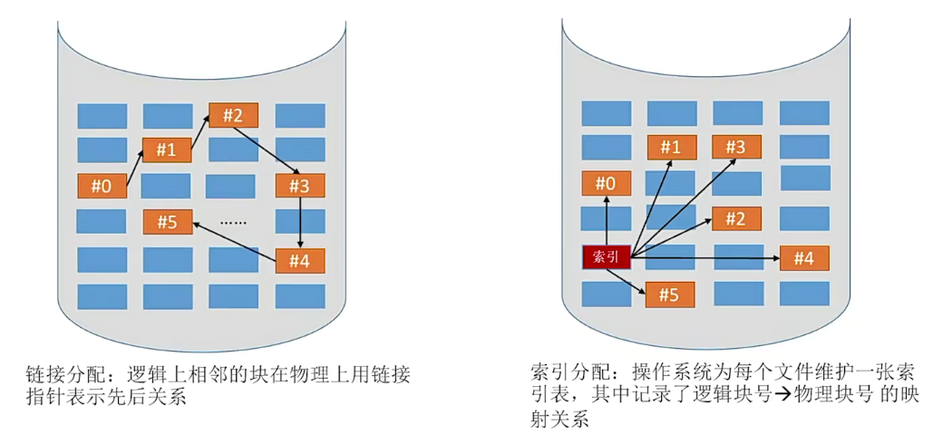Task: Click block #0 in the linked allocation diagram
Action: click(x=102, y=187)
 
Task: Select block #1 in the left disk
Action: click(x=166, y=149)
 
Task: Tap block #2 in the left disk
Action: click(x=233, y=115)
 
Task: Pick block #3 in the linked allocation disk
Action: click(x=299, y=187)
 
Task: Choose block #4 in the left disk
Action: click(x=299, y=261)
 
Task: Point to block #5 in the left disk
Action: click(x=168, y=221)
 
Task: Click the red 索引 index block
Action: click(x=606, y=257)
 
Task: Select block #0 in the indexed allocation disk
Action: click(x=606, y=184)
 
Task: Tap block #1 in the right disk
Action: click(x=671, y=147)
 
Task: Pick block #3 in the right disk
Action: click(x=736, y=147)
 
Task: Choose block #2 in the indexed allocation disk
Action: click(x=736, y=218)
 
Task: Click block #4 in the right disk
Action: click(x=804, y=258)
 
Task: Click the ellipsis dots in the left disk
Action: click(x=234, y=222)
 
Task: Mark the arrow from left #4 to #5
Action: click(x=235, y=242)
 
